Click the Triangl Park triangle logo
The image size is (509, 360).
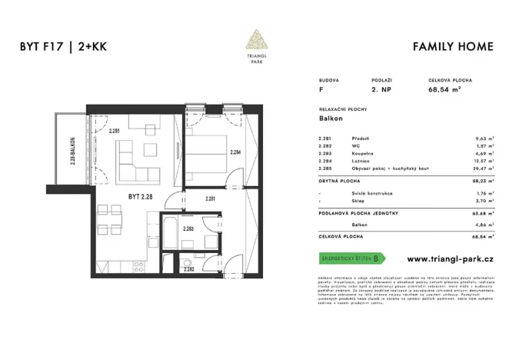[x=254, y=40]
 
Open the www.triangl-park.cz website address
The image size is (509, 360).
[x=449, y=258]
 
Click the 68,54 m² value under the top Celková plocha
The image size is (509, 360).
[x=444, y=90]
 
